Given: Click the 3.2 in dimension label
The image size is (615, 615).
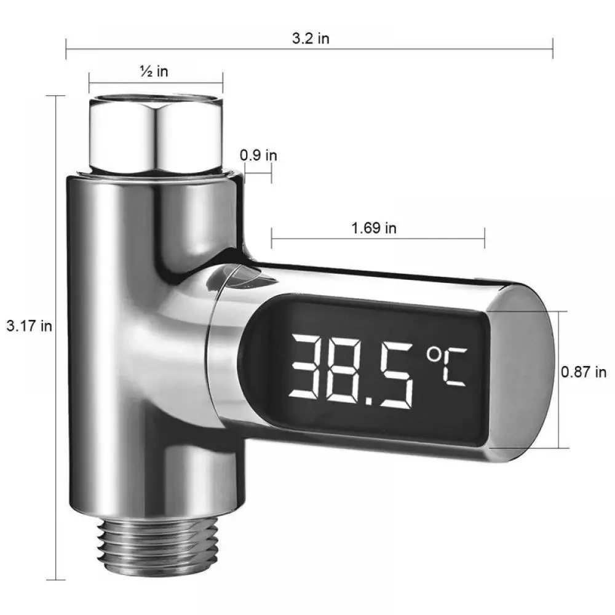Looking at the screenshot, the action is point(311,38).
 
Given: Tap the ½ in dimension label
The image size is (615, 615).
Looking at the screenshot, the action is point(154,71).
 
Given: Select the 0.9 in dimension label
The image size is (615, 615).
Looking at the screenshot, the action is point(258,156).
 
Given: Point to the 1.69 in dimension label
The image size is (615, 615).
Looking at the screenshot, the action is point(374,228).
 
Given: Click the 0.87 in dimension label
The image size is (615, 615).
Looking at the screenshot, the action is point(584,372).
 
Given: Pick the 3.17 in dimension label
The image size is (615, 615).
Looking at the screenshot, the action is point(30,325).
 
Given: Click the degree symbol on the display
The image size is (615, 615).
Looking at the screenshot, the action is point(434,355).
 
